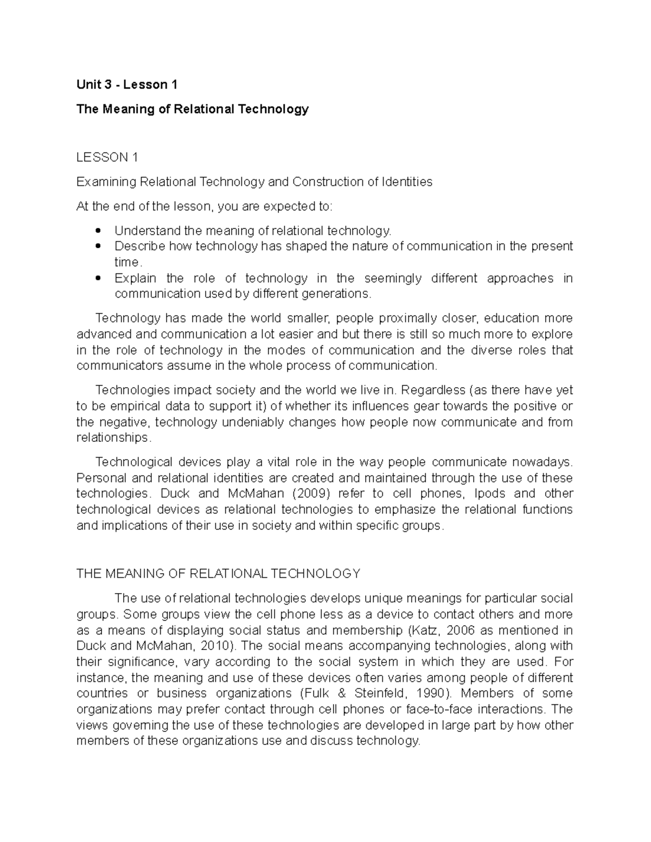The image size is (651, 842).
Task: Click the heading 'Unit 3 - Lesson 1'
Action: [x=127, y=85]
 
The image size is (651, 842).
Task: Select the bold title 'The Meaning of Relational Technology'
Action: [x=193, y=109]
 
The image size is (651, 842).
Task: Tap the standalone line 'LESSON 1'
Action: [x=107, y=157]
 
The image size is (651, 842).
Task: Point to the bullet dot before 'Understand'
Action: [x=98, y=231]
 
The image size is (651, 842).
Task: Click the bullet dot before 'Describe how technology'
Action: [x=98, y=247]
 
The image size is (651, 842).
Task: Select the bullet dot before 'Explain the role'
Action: [x=98, y=279]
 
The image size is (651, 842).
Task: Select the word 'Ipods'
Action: [x=490, y=494]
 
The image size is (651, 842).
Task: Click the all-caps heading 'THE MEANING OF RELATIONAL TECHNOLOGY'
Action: [x=218, y=574]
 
